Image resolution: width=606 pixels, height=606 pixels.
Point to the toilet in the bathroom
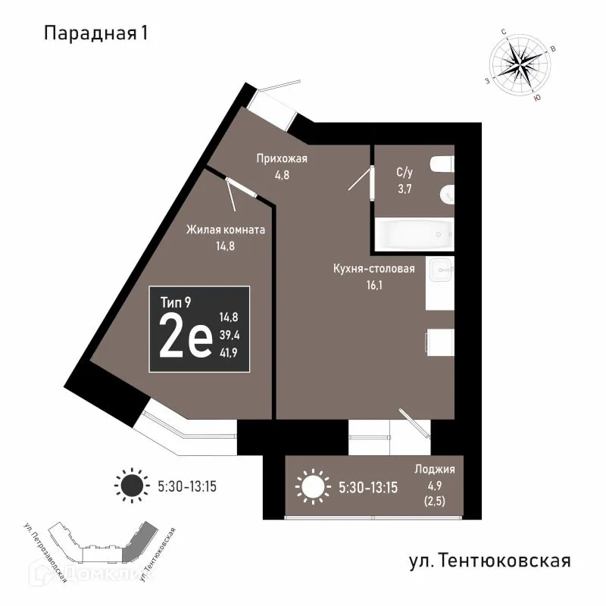click(x=439, y=165)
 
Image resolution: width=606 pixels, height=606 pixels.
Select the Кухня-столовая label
click(x=374, y=269)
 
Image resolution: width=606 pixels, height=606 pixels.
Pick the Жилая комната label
click(x=226, y=230)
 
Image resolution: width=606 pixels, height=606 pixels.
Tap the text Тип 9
click(x=176, y=301)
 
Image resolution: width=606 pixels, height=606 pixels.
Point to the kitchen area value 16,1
click(x=374, y=286)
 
